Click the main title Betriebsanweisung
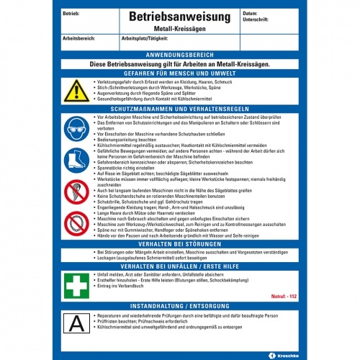pyautogui.click(x=179, y=15)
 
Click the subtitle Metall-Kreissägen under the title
pyautogui.click(x=179, y=27)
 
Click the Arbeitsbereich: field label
pyautogui.click(x=82, y=37)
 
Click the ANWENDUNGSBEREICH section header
pyautogui.click(x=179, y=55)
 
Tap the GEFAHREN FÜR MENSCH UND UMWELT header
pyautogui.click(x=179, y=73)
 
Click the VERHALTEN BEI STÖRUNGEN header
pyautogui.click(x=179, y=244)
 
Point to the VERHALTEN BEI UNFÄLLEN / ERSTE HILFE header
pyautogui.click(x=179, y=267)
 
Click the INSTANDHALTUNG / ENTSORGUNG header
pyautogui.click(x=179, y=306)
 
